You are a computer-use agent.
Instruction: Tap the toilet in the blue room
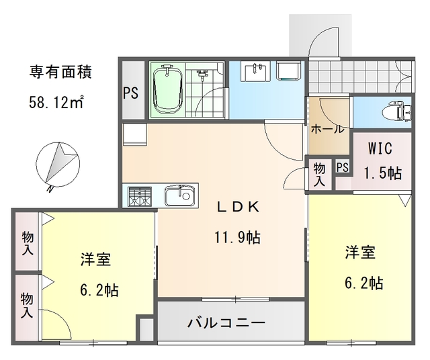pyautogui.click(x=402, y=111)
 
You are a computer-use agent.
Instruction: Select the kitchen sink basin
pyautogui.click(x=179, y=196)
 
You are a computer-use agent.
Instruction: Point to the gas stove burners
pyautogui.click(x=139, y=196)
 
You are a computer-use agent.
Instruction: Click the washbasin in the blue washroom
pyautogui.click(x=255, y=71)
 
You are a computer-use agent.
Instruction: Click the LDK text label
pyautogui.click(x=235, y=208)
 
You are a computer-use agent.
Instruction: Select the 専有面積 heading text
pyautogui.click(x=60, y=71)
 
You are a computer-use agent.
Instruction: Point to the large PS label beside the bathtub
pyautogui.click(x=130, y=93)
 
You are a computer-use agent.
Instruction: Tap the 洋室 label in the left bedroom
pyautogui.click(x=94, y=260)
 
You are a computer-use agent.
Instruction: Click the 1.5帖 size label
pyautogui.click(x=383, y=172)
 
